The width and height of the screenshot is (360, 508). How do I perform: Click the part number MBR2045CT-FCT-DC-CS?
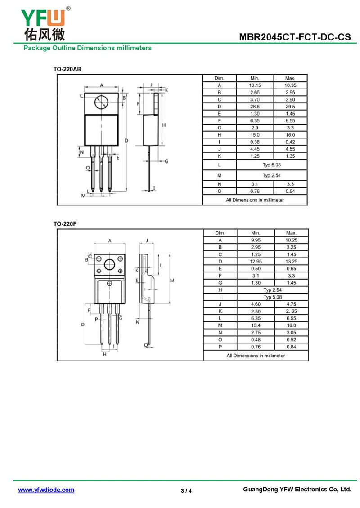click(x=295, y=37)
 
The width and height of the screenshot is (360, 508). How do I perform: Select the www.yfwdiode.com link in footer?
click(x=46, y=490)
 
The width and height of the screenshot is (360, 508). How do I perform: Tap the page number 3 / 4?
click(x=186, y=490)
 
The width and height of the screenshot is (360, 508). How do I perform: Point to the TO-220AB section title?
click(x=67, y=69)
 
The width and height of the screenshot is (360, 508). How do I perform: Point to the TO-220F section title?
click(x=65, y=224)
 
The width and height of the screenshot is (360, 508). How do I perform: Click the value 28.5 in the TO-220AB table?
click(x=255, y=107)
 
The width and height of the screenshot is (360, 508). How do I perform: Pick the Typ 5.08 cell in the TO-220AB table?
click(x=272, y=165)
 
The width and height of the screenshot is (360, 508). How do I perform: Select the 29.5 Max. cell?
click(x=290, y=107)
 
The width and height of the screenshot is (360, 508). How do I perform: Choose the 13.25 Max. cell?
click(x=291, y=261)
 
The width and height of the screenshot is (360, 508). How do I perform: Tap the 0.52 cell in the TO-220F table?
click(x=291, y=339)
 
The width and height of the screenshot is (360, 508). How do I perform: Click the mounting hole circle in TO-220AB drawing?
click(x=101, y=103)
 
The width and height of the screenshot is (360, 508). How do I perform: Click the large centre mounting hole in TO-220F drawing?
click(x=110, y=264)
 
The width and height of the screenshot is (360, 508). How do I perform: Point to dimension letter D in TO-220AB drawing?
click(x=127, y=141)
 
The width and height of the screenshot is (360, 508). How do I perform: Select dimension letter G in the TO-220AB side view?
click(x=166, y=161)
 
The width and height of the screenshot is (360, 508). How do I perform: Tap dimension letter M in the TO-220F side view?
click(x=172, y=280)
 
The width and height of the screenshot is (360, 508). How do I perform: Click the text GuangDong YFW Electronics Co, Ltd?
click(x=297, y=490)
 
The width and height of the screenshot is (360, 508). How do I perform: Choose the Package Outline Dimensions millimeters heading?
click(x=88, y=48)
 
